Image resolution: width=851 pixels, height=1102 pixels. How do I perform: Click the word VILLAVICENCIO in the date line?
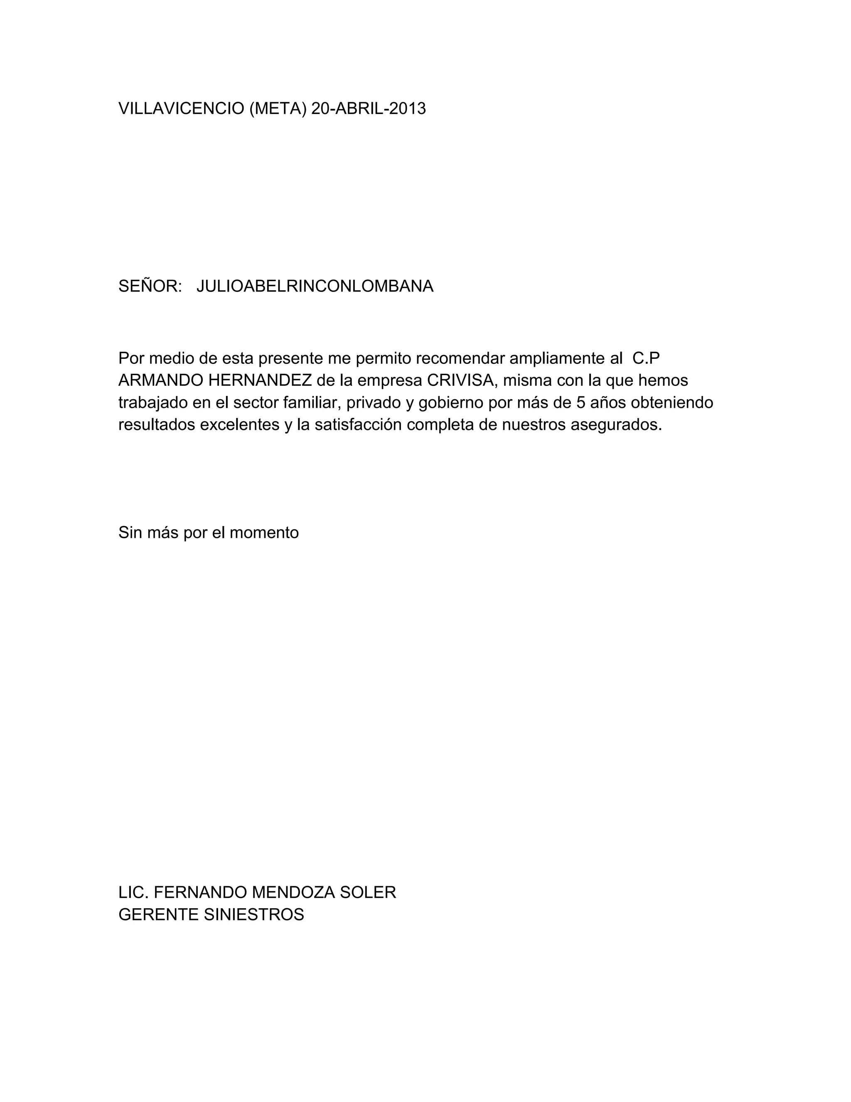(181, 109)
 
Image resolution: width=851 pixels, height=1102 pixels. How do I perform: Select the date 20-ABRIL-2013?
(369, 109)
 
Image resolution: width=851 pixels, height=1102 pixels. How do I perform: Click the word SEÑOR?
(150, 286)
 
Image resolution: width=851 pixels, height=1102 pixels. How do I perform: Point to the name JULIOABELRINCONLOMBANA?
(315, 286)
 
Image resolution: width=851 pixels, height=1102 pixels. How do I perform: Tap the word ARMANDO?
(161, 381)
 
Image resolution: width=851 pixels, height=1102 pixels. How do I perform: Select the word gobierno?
(451, 403)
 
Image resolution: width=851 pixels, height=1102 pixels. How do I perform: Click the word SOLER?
(368, 892)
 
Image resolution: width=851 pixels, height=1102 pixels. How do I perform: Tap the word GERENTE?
(158, 915)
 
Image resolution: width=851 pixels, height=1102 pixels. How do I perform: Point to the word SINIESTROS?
(253, 915)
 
